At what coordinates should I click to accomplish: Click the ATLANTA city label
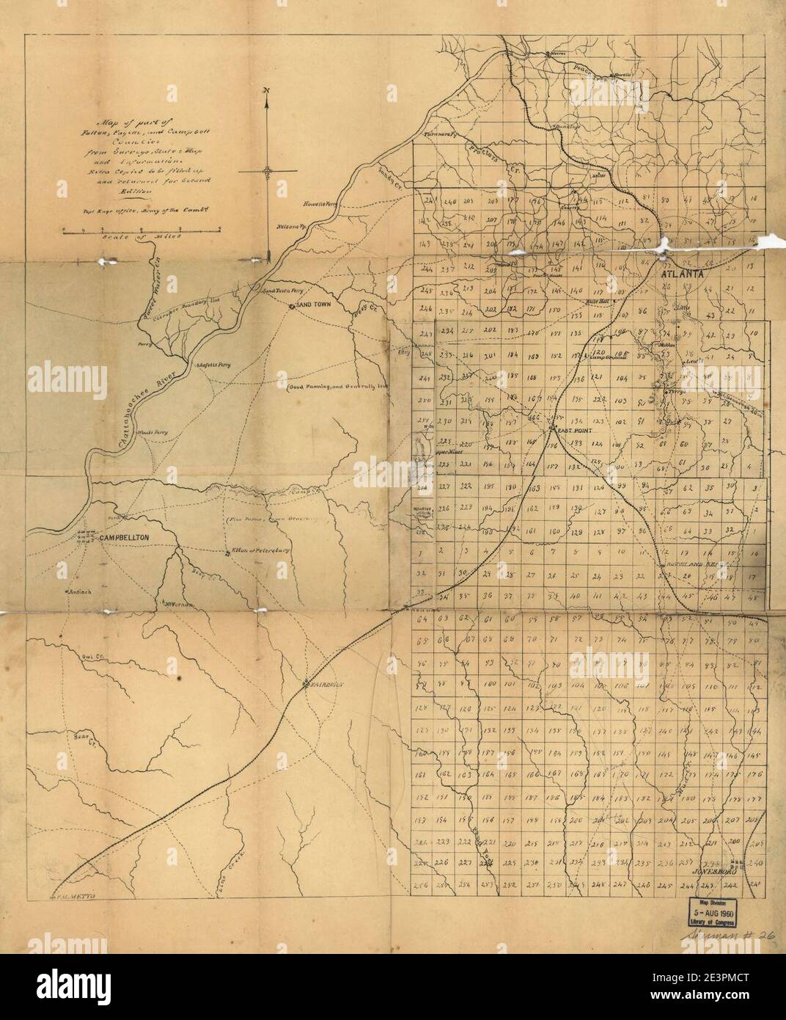point(682,274)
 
